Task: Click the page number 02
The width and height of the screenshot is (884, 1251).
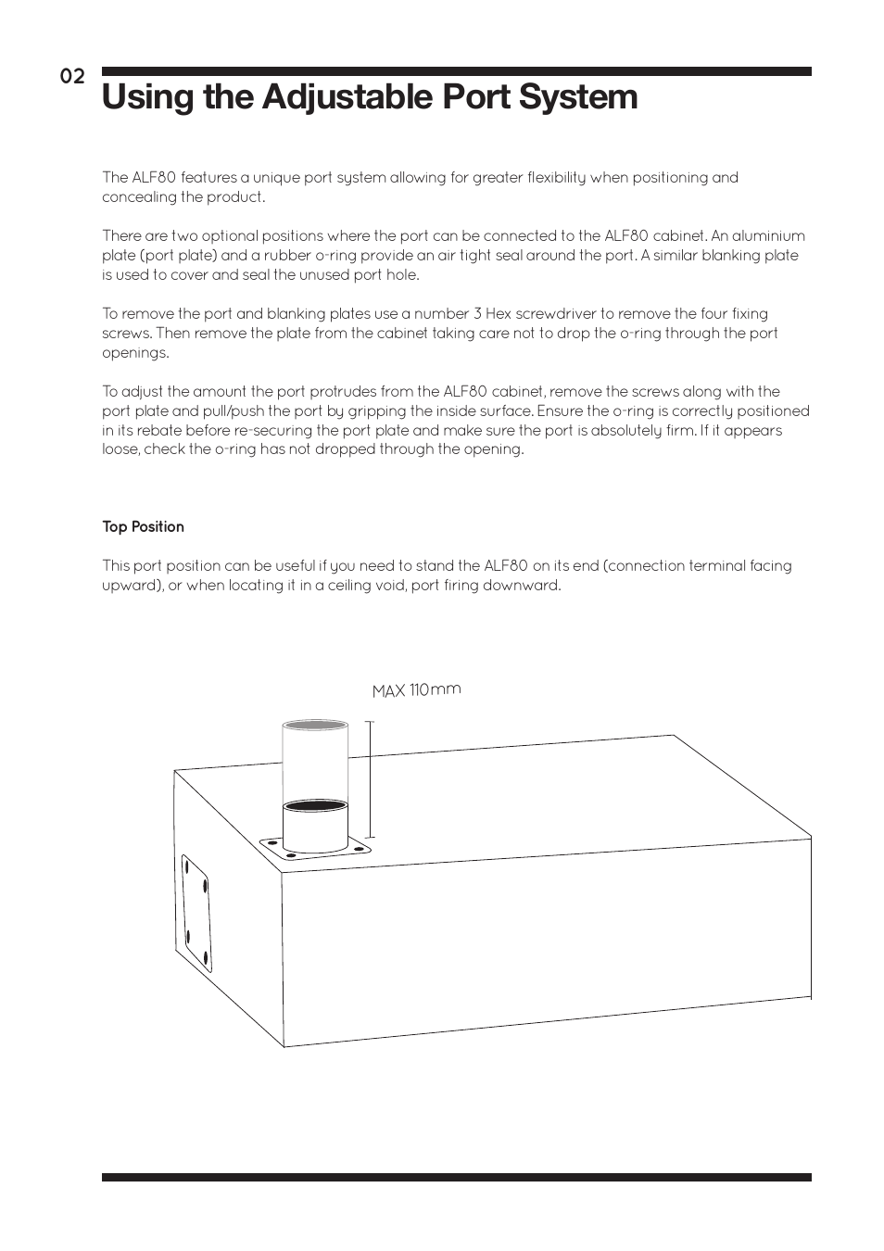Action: click(x=72, y=77)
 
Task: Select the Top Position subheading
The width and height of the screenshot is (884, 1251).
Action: click(x=143, y=526)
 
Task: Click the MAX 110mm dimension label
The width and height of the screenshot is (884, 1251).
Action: click(x=416, y=690)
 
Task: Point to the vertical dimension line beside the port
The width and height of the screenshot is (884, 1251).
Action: click(x=370, y=779)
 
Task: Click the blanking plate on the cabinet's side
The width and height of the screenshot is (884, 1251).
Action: click(x=196, y=913)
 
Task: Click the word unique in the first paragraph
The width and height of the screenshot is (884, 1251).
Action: click(x=277, y=178)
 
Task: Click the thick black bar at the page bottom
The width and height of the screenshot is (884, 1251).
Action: click(x=456, y=1177)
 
